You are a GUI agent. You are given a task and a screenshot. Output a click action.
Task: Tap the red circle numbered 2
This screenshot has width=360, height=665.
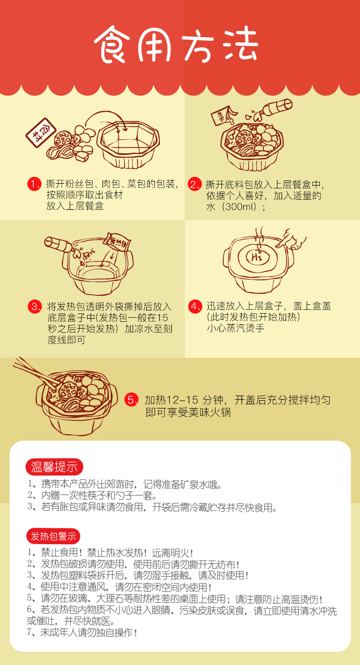tap(195, 184)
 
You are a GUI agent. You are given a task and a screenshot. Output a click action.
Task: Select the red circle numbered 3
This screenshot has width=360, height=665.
tap(35, 306)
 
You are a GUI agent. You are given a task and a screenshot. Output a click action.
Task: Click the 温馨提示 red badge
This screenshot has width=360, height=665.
tap(54, 467)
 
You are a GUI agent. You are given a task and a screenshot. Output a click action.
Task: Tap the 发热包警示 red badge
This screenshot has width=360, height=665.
tap(53, 536)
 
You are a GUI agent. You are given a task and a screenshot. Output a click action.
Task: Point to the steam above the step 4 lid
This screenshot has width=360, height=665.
tap(260, 237)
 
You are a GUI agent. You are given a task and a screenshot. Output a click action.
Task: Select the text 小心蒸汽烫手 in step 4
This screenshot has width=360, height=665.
tap(236, 328)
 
